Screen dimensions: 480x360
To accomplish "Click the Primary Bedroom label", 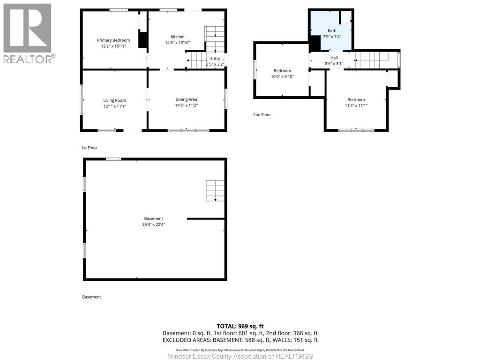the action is click(113, 40).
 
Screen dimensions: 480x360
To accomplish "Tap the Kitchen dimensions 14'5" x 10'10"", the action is click(178, 43).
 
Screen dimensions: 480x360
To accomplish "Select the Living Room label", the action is click(114, 100).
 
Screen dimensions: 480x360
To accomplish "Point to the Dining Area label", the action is click(186, 99).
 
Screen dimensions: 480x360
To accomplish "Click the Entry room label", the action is click(215, 59).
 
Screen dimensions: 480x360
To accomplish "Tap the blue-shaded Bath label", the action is click(332, 30).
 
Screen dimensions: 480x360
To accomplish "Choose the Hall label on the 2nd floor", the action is click(334, 58).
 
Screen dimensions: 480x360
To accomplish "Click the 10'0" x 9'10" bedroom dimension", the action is click(282, 76).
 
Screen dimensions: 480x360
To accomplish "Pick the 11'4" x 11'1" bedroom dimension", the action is click(356, 105).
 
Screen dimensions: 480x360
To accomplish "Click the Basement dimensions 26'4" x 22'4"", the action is click(154, 225).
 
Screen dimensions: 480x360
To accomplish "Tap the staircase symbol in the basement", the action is click(215, 191).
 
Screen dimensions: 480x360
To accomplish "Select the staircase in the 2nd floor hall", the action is click(372, 60).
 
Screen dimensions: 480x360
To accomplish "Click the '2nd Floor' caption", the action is click(262, 115).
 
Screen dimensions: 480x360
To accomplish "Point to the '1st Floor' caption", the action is click(89, 148).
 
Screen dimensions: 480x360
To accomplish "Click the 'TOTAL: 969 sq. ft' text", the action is click(240, 326).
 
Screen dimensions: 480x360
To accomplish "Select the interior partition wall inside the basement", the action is click(206, 219).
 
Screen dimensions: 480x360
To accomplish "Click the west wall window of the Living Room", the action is click(82, 100).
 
